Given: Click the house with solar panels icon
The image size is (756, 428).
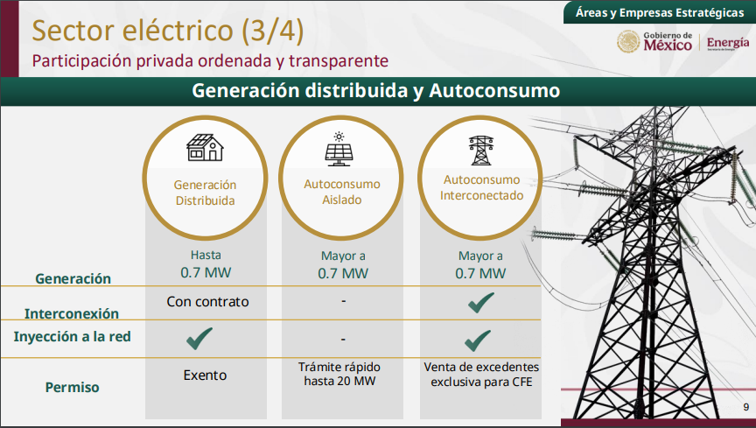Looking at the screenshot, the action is [x=205, y=147].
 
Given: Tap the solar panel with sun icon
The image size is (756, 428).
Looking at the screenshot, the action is [x=339, y=149].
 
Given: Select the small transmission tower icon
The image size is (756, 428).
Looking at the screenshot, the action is [x=481, y=151].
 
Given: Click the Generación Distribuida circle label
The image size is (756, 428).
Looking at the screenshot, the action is [x=205, y=193].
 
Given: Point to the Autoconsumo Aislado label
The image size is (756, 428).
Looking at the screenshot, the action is [x=342, y=192].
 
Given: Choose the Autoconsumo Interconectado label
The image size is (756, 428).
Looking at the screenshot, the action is [x=481, y=187].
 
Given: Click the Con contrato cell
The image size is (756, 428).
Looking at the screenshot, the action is [x=207, y=302].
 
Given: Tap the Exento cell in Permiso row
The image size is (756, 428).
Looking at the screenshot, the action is [x=205, y=375].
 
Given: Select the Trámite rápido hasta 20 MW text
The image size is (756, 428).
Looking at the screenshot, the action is [x=339, y=374].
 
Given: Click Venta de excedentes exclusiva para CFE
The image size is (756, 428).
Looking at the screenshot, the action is [x=481, y=375].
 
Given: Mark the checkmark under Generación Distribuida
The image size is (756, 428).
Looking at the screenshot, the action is [x=199, y=338].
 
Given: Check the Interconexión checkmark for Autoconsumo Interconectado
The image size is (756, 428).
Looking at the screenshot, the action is [x=480, y=303].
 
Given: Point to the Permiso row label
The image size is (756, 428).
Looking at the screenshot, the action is [x=73, y=387].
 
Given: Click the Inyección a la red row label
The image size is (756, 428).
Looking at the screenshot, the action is [x=73, y=336].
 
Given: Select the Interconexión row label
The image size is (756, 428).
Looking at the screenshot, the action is [x=72, y=313].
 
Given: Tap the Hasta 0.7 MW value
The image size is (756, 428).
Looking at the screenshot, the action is [x=206, y=264].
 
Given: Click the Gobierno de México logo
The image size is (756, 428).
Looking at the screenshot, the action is [x=654, y=41].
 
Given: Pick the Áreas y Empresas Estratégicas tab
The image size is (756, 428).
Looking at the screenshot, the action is [x=660, y=12].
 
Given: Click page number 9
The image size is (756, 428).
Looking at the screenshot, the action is [x=745, y=407].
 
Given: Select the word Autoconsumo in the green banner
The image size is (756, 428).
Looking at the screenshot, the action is [x=494, y=90].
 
